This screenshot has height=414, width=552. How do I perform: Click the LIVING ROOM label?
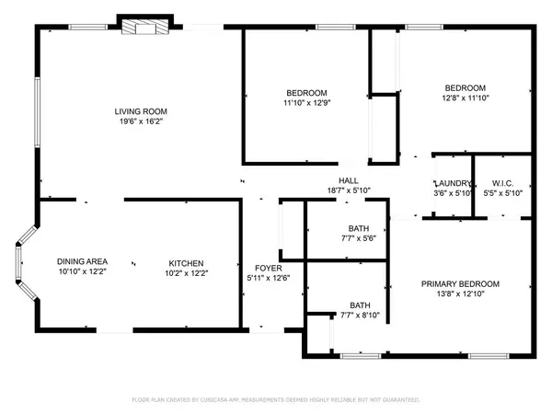(x=141, y=111)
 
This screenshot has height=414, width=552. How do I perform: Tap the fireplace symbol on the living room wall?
(x=145, y=27)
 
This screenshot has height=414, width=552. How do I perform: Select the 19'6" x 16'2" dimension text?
(x=141, y=121)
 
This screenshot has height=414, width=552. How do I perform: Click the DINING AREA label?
(x=82, y=261)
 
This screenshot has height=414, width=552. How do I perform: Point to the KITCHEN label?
(x=186, y=263)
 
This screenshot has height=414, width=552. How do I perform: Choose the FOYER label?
(x=269, y=269)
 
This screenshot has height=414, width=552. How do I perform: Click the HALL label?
(x=349, y=180)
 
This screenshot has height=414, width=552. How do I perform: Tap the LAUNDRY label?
(x=453, y=183)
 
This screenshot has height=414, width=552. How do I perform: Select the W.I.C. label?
(x=502, y=183)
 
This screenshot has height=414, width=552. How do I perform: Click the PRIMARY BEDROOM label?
(x=460, y=284)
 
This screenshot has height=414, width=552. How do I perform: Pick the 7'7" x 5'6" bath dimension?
(x=359, y=238)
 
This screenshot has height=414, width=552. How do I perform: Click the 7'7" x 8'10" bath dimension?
(x=360, y=315)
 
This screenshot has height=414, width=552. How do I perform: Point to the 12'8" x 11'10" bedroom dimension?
(x=466, y=98)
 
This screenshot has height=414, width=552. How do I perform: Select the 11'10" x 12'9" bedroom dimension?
(x=307, y=103)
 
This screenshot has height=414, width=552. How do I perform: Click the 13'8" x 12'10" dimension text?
(x=460, y=294)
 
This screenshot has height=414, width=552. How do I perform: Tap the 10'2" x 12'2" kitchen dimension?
(x=186, y=273)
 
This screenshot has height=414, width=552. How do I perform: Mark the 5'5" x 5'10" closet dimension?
(x=502, y=193)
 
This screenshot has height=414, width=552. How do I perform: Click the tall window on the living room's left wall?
(x=37, y=112)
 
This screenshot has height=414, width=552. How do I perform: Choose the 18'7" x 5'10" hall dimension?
(x=349, y=190)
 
